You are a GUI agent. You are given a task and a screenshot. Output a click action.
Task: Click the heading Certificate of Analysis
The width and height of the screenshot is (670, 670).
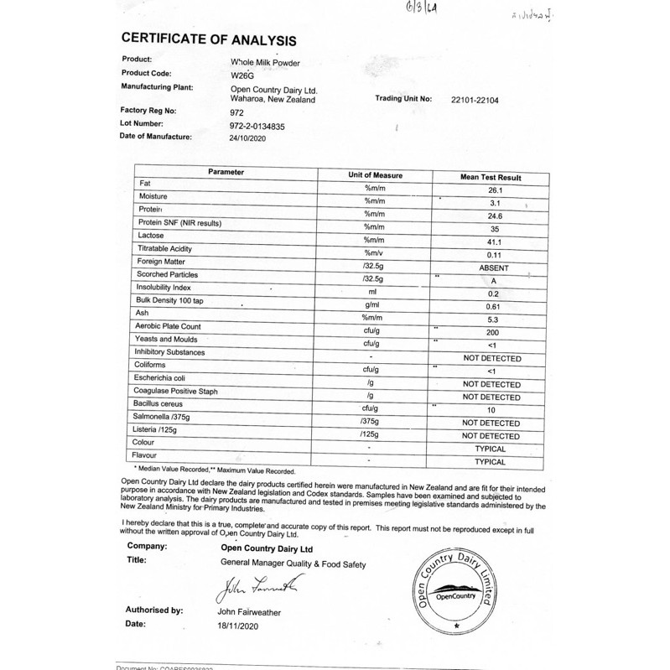pos(208,39)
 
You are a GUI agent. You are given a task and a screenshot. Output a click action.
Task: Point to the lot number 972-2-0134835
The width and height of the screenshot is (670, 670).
pos(262,125)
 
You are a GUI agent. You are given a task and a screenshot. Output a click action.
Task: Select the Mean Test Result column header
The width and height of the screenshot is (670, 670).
pos(491,178)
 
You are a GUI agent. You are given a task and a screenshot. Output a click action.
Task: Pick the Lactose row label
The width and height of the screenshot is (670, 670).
pos(153,236)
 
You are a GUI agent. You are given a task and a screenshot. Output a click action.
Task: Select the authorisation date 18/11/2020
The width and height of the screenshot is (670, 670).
pos(240,625)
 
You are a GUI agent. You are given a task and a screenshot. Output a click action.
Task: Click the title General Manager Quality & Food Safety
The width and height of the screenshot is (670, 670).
pos(293,564)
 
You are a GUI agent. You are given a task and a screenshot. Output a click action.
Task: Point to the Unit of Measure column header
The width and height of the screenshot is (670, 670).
pos(376,175)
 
